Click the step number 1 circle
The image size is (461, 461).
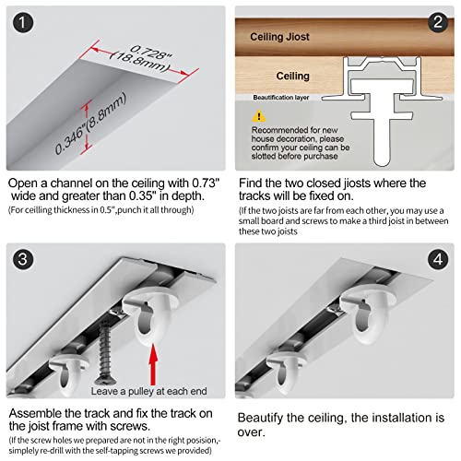tap(23, 22)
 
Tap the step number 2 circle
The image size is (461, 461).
tap(438, 22)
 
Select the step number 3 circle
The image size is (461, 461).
tap(23, 259)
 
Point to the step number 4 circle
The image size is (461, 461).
tap(438, 259)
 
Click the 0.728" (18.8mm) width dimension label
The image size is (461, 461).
tap(142, 59)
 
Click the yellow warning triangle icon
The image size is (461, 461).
tap(259, 116)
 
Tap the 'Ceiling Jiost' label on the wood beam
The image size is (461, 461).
tap(279, 37)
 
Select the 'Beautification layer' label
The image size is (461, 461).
tap(281, 98)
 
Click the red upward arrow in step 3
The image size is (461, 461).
tap(153, 364)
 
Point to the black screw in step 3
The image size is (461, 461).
tap(105, 353)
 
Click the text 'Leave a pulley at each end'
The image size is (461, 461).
tap(148, 391)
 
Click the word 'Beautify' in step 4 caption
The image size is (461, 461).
tap(260, 418)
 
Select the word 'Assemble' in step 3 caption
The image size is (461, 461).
tap(34, 413)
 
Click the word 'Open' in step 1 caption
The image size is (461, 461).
tap(23, 183)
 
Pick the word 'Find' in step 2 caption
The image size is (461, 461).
tap(250, 183)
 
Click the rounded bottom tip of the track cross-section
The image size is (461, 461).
tap(382, 163)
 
